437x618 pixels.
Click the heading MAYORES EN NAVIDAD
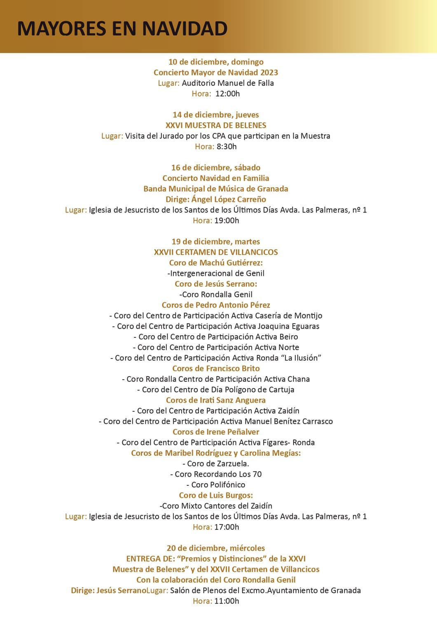pyautogui.click(x=122, y=29)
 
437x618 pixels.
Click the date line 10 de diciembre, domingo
pyautogui.click(x=216, y=62)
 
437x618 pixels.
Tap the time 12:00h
pyautogui.click(x=227, y=94)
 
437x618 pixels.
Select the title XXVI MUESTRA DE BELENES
pyautogui.click(x=216, y=125)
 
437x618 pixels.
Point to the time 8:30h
pyautogui.click(x=227, y=146)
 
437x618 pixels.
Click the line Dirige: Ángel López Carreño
pyautogui.click(x=216, y=199)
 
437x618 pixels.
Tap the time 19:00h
pyautogui.click(x=227, y=220)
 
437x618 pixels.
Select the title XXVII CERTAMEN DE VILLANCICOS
pyautogui.click(x=216, y=252)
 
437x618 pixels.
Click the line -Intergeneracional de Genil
pyautogui.click(x=216, y=273)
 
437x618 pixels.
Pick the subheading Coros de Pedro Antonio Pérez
pyautogui.click(x=216, y=305)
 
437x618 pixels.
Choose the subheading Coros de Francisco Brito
pyautogui.click(x=216, y=368)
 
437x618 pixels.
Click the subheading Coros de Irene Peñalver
pyautogui.click(x=216, y=432)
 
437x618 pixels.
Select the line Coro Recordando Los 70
pyautogui.click(x=216, y=474)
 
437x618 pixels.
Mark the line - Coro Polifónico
pyautogui.click(x=216, y=485)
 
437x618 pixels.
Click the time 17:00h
pyautogui.click(x=227, y=527)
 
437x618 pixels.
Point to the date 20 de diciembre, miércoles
pyautogui.click(x=216, y=548)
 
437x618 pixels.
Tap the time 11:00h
pyautogui.click(x=227, y=601)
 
